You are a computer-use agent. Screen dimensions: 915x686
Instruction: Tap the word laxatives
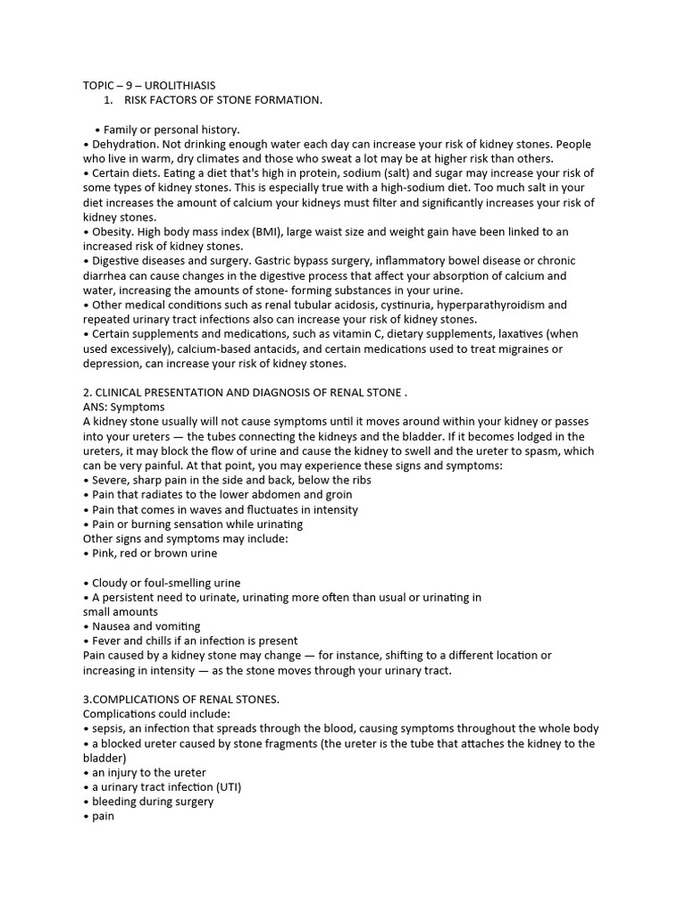tap(516, 334)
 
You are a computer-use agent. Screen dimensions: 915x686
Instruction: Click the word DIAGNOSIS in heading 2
tap(281, 392)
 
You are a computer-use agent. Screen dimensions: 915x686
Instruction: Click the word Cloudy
tap(111, 583)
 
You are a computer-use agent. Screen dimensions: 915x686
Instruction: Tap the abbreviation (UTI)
tap(225, 786)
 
